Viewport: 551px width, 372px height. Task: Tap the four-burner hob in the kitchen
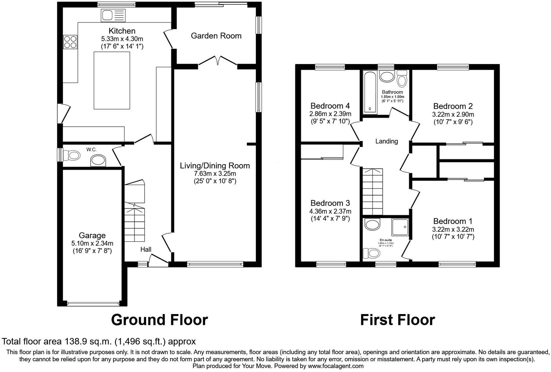click(70, 41)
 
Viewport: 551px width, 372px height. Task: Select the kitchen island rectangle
click(112, 80)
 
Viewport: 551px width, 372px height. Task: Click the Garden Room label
click(216, 36)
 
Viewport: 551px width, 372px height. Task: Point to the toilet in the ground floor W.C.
click(71, 155)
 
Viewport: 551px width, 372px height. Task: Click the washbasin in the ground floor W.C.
click(98, 161)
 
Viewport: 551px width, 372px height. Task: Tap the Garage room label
click(92, 235)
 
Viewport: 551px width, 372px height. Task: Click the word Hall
click(146, 249)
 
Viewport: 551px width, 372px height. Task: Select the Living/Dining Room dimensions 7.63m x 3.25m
click(215, 173)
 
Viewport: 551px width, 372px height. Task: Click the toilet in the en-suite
click(371, 253)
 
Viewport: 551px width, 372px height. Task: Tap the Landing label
click(387, 141)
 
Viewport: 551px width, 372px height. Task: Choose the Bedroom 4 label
click(330, 106)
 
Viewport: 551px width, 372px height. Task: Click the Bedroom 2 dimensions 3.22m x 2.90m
click(453, 114)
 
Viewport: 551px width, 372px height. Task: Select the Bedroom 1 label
click(453, 221)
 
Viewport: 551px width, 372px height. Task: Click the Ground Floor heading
click(159, 320)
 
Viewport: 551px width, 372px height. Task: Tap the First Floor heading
click(397, 320)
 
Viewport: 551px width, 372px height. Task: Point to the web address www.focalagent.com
click(335, 366)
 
